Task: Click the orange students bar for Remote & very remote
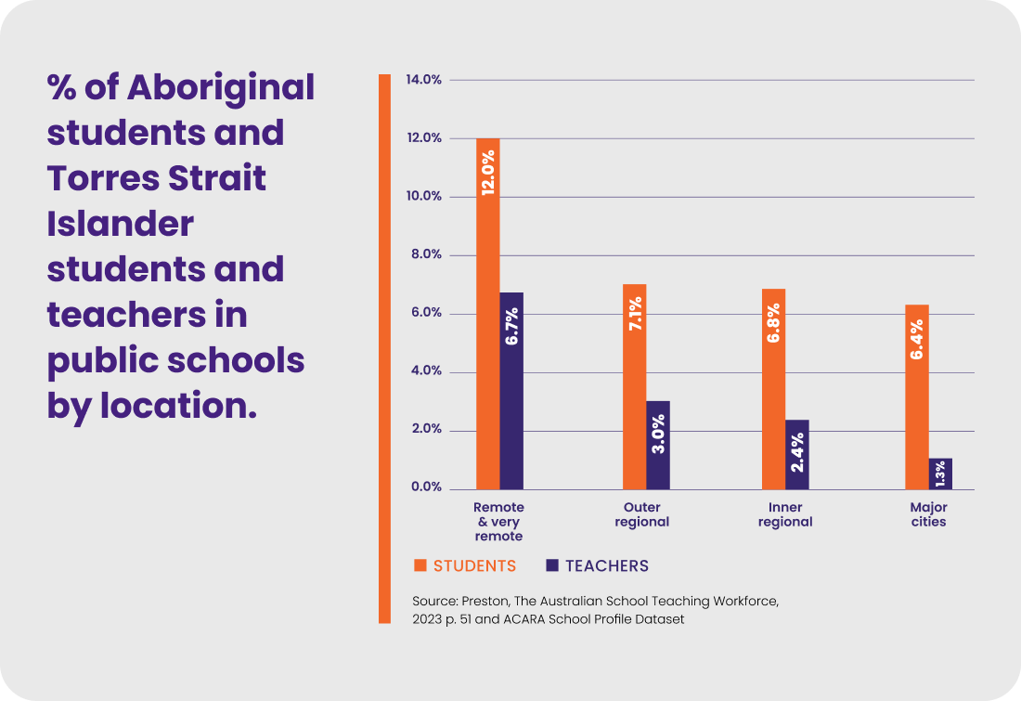488,316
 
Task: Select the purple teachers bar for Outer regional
658,446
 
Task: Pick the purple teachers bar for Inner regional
797,455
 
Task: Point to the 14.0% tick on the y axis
424,80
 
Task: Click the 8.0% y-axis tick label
424,255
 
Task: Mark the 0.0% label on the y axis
424,487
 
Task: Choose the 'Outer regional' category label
641,514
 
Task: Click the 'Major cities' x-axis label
928,514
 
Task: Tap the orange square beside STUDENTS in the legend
420,565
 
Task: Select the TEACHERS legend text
607,565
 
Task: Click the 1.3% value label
940,473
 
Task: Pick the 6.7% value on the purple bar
511,326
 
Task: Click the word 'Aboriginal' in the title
220,88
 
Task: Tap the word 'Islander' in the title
121,224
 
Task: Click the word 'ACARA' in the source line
533,618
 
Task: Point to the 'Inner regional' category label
785,514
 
